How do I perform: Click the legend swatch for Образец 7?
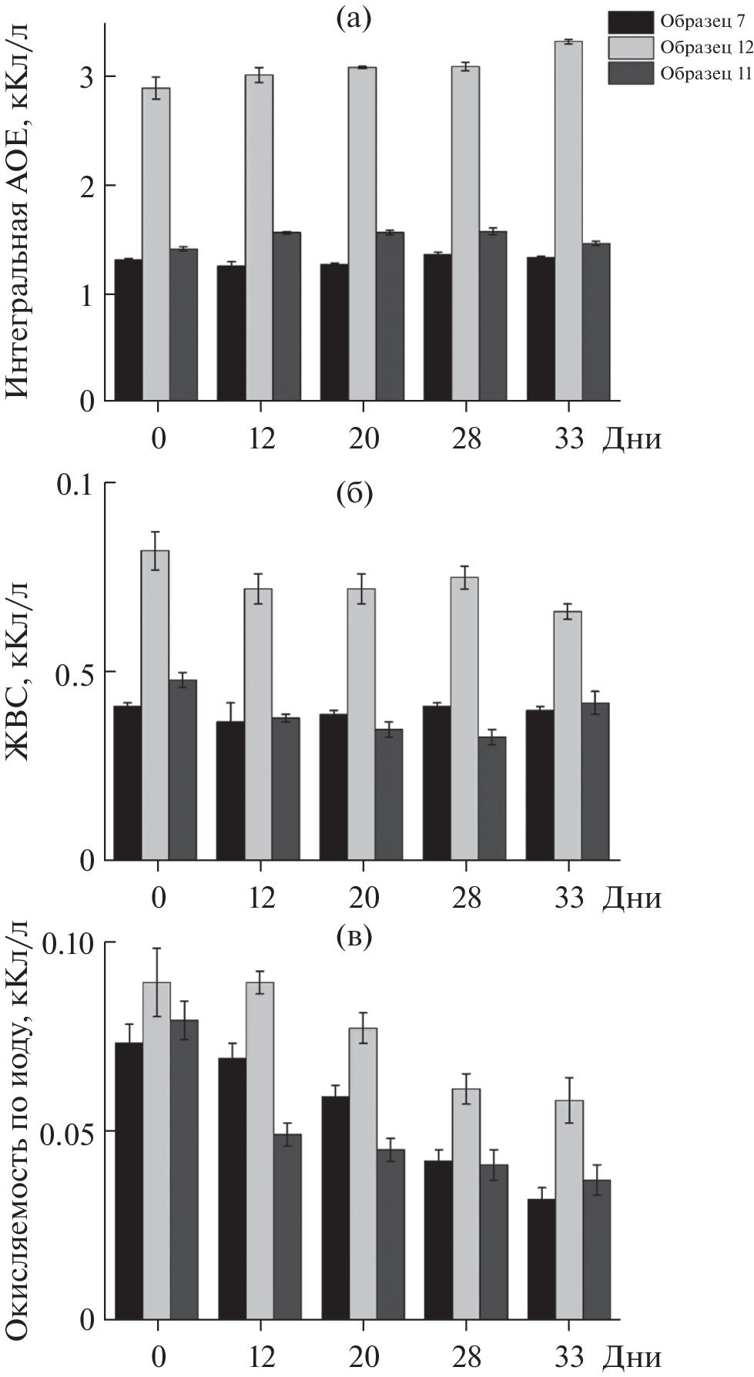pos(630,21)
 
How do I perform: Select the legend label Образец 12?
pos(706,47)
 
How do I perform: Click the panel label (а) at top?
pos(354,18)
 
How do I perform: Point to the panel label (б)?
pos(354,494)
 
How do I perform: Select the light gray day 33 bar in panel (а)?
pos(568,220)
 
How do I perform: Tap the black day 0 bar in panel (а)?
pos(128,330)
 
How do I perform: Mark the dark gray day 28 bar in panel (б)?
pos(492,798)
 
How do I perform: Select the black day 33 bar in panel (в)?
pos(541,1259)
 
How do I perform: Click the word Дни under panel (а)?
pos(632,439)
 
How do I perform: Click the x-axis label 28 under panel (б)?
pos(467,899)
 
